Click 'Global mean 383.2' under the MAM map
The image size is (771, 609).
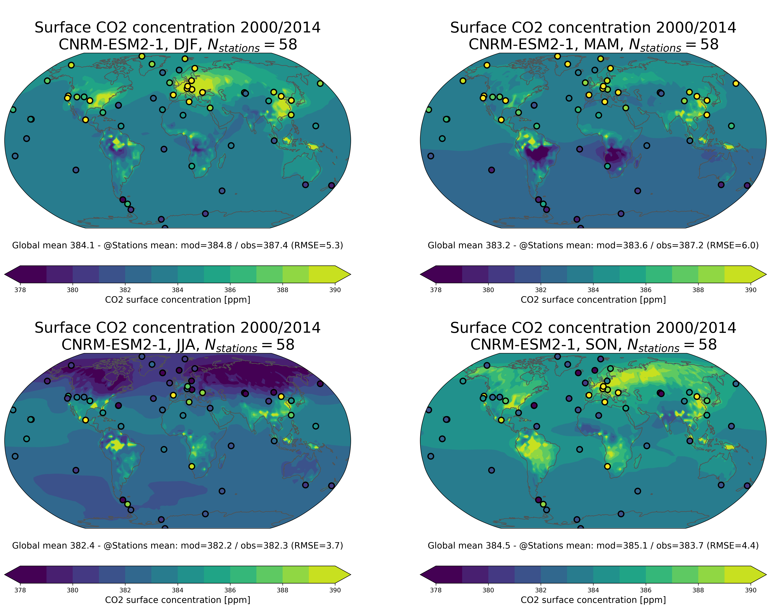point(469,245)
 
